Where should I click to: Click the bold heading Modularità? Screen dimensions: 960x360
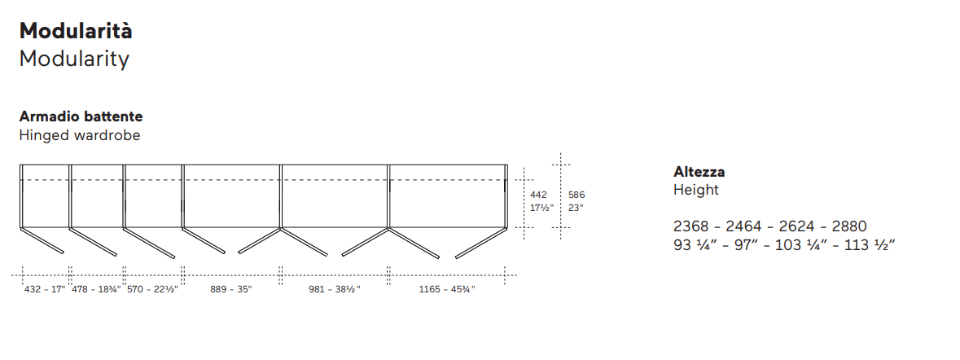point(76,31)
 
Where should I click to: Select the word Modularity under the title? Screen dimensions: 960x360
point(74,59)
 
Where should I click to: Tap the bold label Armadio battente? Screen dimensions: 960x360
point(81,116)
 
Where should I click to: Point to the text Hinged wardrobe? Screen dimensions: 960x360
point(80,135)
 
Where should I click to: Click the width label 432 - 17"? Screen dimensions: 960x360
point(45,289)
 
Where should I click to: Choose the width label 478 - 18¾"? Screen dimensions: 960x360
point(96,289)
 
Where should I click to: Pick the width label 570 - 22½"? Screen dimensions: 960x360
point(151,289)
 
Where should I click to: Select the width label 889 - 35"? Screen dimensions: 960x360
point(230,289)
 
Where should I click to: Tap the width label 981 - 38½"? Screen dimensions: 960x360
point(335,289)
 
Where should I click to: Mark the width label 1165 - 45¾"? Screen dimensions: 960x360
point(447,289)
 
